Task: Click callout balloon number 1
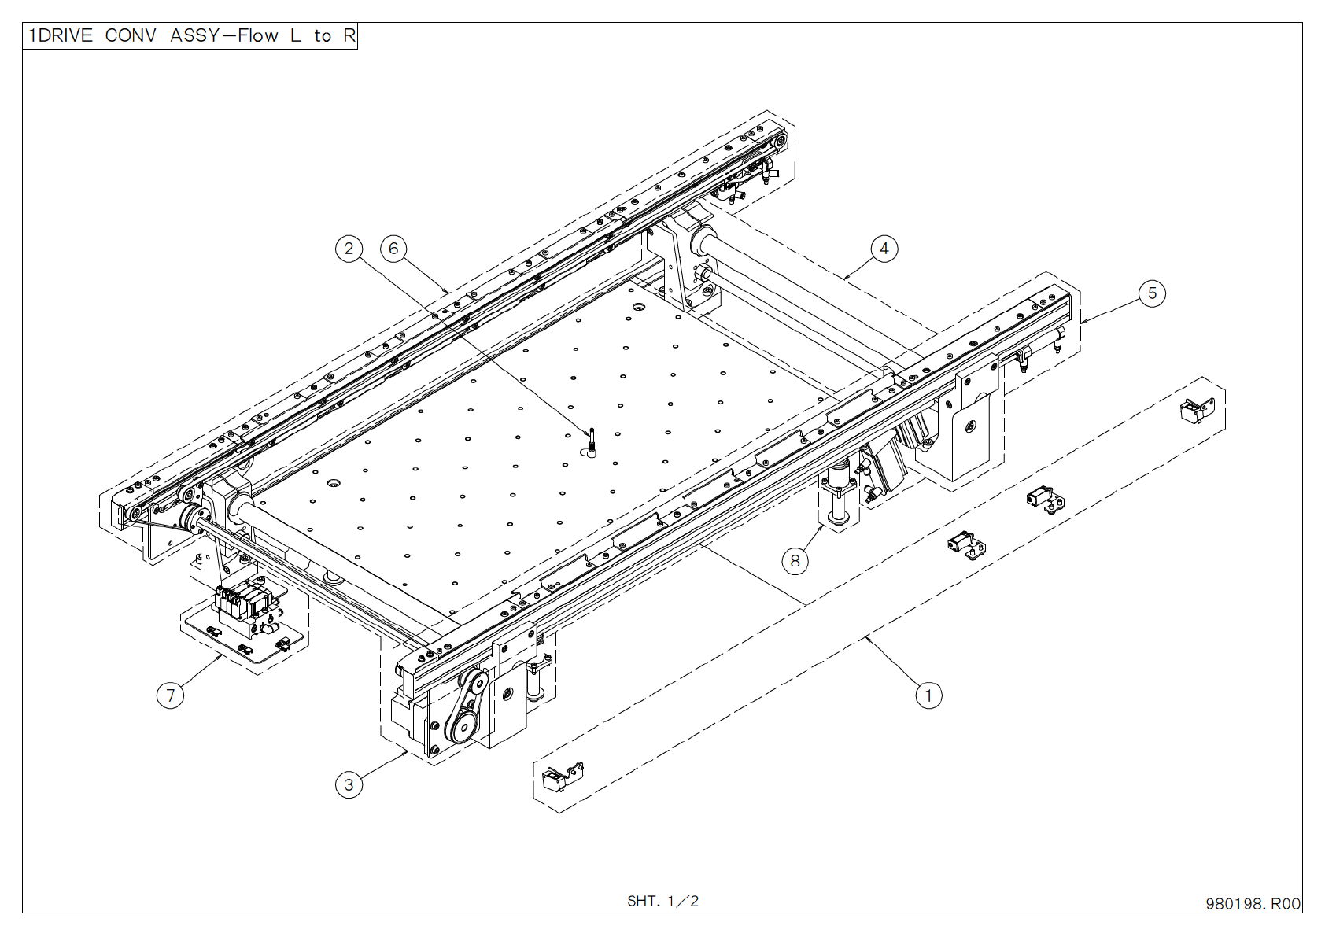(x=928, y=695)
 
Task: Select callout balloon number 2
(x=349, y=249)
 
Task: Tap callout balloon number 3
(x=349, y=784)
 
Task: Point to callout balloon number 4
(x=884, y=249)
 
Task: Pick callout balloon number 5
(x=1152, y=293)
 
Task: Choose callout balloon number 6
(x=394, y=249)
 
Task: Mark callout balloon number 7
(x=171, y=695)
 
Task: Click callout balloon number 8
(x=795, y=561)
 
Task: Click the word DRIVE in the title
(x=65, y=36)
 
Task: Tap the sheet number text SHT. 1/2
(x=662, y=902)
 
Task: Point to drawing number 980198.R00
(x=1253, y=904)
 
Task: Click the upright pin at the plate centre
(x=591, y=442)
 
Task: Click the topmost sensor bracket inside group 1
(x=1197, y=410)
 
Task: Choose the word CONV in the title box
(x=130, y=36)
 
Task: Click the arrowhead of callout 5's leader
(x=1083, y=322)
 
